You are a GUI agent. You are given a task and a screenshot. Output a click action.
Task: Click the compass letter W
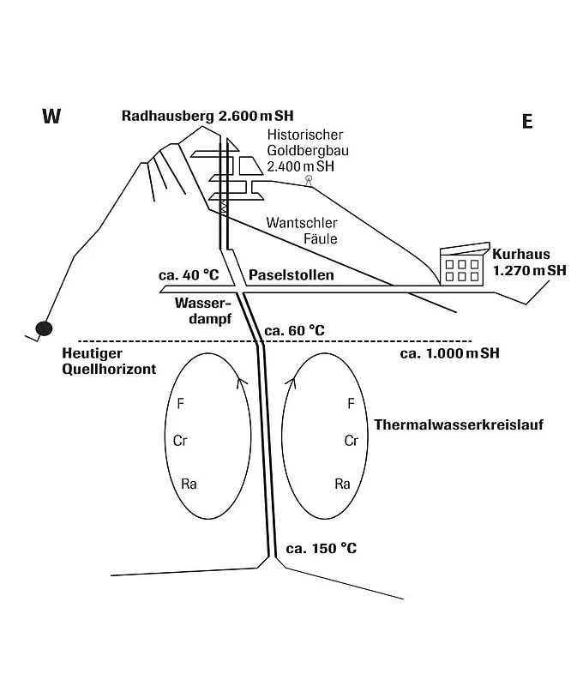pos(51,117)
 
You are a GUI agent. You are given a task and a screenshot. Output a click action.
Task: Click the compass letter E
pos(527,121)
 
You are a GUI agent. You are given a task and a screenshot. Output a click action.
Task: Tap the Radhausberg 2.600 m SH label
pos(207,116)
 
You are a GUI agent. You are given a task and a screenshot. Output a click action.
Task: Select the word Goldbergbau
pos(308,151)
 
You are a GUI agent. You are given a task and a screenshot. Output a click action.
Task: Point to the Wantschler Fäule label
pos(302,231)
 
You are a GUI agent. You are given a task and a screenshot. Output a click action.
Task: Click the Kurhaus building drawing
pos(465,264)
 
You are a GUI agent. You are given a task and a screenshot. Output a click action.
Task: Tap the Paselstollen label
pos(291,274)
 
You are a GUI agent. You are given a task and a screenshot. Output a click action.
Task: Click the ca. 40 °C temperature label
pos(189,275)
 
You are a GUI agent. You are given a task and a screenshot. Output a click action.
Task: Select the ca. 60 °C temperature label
pos(294,330)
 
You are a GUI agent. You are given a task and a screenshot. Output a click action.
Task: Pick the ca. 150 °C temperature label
pos(322,548)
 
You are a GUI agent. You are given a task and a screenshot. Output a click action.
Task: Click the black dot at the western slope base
pos(44,328)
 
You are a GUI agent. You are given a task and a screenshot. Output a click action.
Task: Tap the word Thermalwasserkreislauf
pos(459,424)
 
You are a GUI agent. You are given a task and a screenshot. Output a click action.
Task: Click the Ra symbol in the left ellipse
pos(189,484)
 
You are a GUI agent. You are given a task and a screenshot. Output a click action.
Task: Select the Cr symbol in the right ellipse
pos(351,441)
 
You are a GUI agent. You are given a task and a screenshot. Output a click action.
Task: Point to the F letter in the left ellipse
pos(180,403)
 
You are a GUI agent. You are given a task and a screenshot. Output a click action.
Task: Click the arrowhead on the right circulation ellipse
pos(291,382)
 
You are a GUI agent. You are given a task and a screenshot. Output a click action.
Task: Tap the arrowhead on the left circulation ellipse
pos(242,382)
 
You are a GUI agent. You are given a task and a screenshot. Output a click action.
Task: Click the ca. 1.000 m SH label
pos(449,353)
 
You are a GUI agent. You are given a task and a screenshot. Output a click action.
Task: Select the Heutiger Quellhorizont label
pos(109,361)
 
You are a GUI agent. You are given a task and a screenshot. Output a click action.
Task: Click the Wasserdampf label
pos(202,310)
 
